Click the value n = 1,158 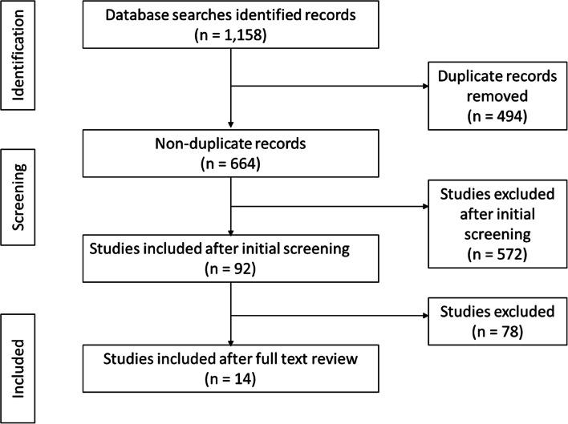tap(232, 37)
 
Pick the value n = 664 tap(232, 168)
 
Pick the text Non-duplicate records tap(232, 148)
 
